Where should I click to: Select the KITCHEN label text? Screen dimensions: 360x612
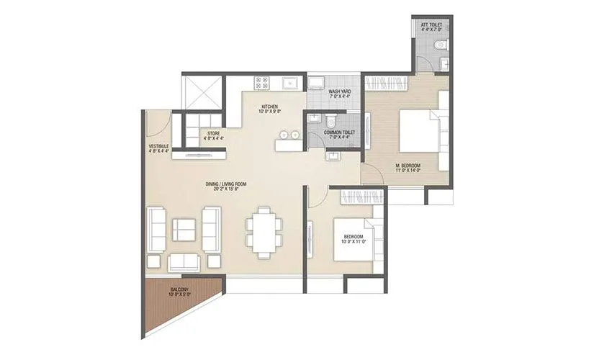pyautogui.click(x=270, y=110)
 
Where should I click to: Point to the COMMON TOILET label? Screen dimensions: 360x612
pyautogui.click(x=337, y=135)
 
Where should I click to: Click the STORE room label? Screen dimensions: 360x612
pyautogui.click(x=214, y=135)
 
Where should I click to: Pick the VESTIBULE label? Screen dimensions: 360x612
pyautogui.click(x=158, y=148)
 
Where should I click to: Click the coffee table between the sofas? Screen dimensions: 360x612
pyautogui.click(x=184, y=230)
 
